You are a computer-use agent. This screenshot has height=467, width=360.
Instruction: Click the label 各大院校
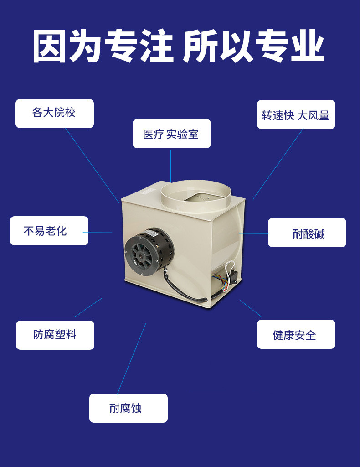(x=54, y=114)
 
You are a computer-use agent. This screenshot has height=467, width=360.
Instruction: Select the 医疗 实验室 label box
(x=172, y=134)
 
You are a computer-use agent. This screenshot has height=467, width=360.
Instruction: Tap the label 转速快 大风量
(x=296, y=114)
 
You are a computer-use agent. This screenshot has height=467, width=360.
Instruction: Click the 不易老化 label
(x=49, y=231)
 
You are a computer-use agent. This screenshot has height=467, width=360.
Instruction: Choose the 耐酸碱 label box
(x=307, y=233)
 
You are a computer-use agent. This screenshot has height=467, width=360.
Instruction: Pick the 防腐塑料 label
(x=55, y=335)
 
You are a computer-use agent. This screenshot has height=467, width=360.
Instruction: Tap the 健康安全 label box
(x=296, y=334)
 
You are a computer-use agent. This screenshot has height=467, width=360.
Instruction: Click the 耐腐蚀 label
(x=128, y=408)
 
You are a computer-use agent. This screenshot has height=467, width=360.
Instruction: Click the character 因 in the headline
(x=49, y=46)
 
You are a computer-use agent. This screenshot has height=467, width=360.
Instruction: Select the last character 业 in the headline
(x=307, y=46)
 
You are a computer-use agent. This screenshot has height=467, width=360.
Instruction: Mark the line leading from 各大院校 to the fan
(x=92, y=166)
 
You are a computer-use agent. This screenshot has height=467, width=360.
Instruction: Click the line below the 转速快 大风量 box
(x=278, y=164)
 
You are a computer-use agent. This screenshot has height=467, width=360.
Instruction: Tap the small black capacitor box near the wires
(x=234, y=277)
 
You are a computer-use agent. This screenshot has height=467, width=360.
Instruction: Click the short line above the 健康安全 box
(x=250, y=308)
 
